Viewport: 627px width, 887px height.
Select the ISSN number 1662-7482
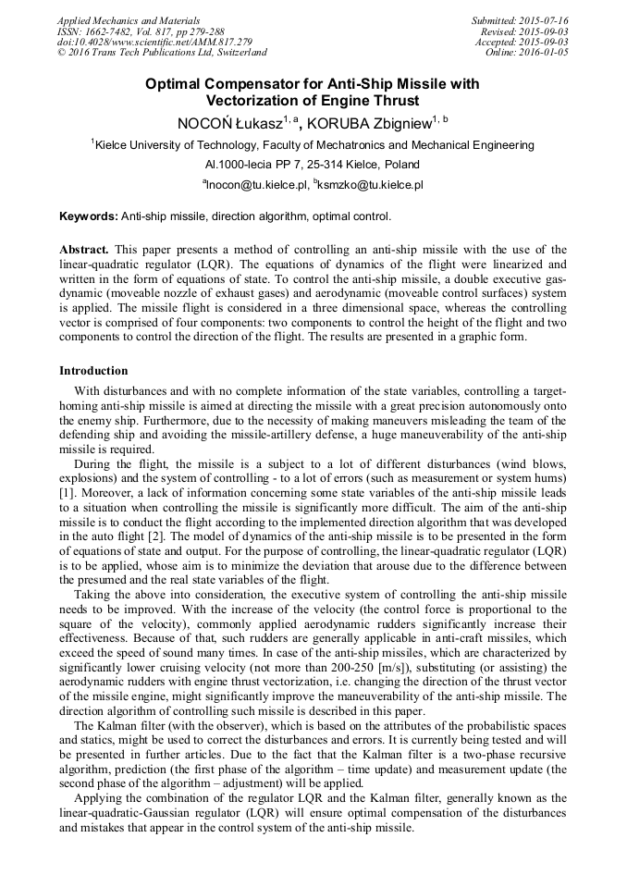click(106, 31)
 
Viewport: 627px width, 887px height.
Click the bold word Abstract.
click(84, 251)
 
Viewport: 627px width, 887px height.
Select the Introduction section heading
click(93, 370)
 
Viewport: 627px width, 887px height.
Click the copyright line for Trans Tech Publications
click(162, 53)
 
